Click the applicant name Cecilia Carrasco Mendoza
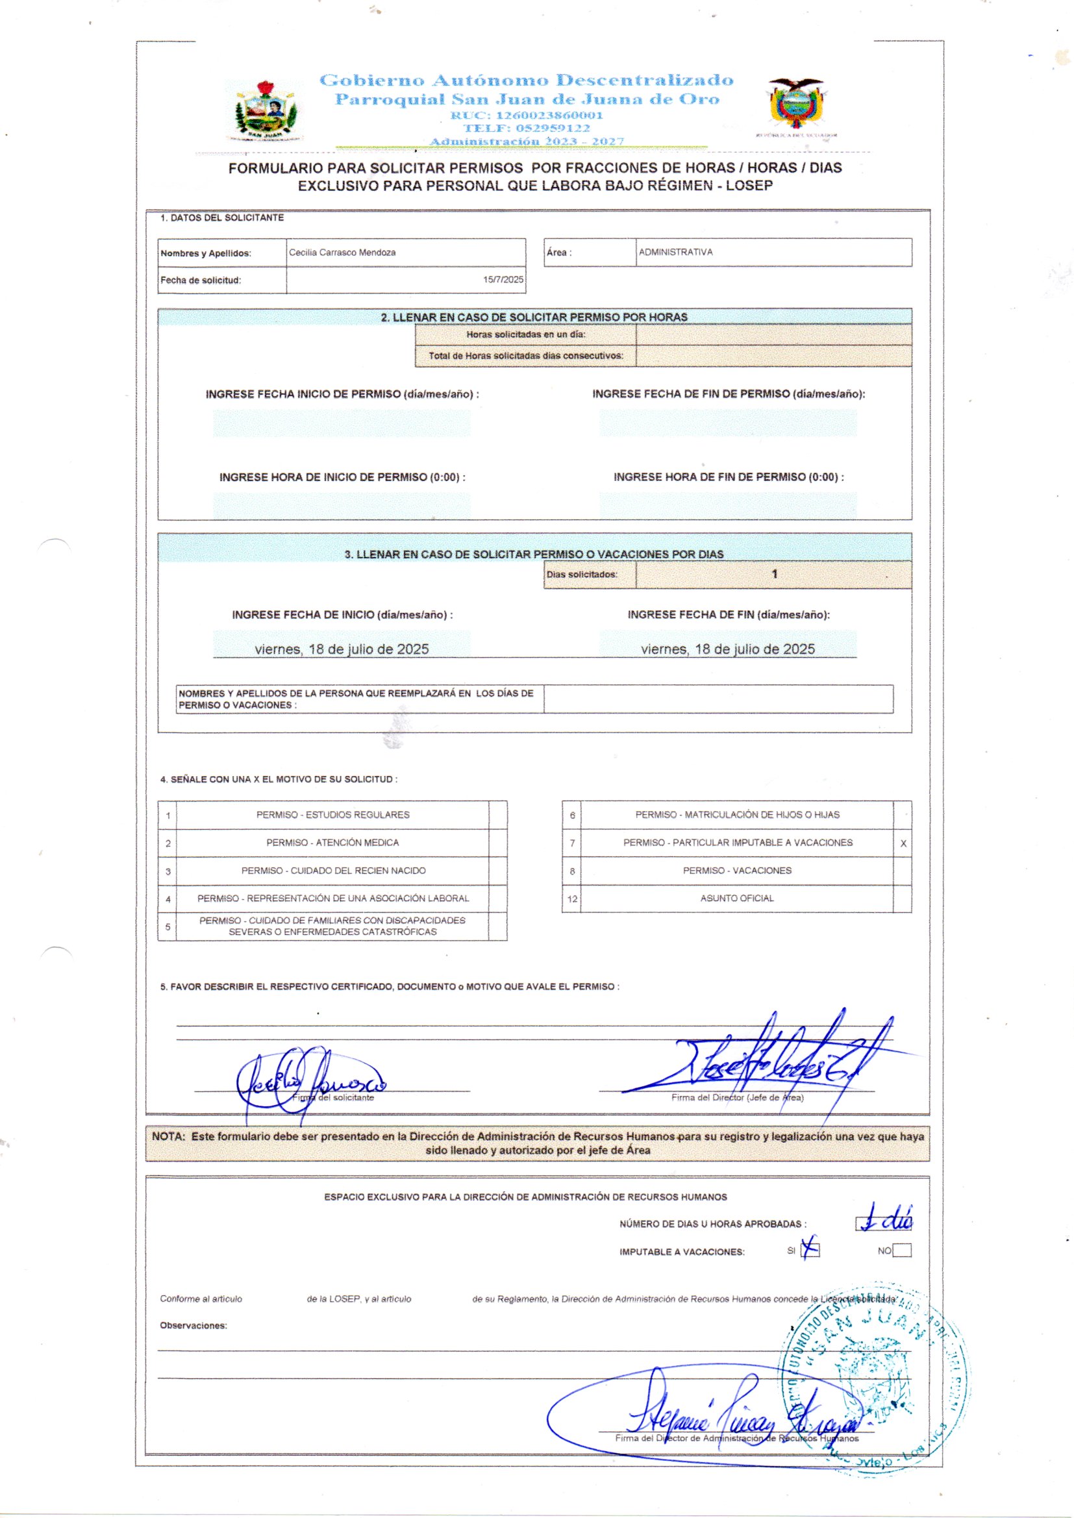[342, 253]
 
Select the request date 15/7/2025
[503, 280]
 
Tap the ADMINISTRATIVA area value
[675, 252]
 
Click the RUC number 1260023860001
[527, 115]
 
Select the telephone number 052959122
[527, 129]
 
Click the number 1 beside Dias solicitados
[775, 574]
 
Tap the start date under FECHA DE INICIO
[342, 649]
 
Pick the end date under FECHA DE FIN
[727, 649]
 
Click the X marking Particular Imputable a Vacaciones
[903, 843]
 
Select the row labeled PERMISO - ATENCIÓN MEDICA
[332, 843]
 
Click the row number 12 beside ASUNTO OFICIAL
[572, 899]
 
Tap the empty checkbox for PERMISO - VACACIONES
[902, 871]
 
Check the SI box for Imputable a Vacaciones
[810, 1250]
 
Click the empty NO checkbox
[901, 1250]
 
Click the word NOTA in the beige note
[169, 1136]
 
